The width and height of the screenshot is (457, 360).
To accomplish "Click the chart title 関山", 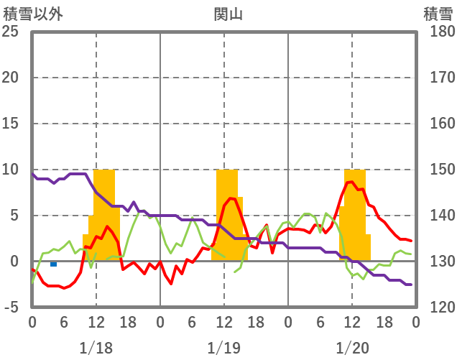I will click(228, 14).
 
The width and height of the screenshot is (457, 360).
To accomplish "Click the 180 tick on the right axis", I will click(438, 32).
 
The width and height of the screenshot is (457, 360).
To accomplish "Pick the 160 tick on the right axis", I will click(438, 124).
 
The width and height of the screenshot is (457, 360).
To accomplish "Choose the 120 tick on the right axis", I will click(438, 308).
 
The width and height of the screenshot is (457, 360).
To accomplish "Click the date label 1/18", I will click(96, 348).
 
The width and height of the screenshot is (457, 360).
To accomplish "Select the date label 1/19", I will click(223, 348).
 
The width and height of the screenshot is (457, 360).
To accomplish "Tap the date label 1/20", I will click(352, 348).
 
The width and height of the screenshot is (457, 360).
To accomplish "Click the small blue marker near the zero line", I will click(53, 264).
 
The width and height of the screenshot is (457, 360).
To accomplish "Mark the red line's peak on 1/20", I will click(350, 182).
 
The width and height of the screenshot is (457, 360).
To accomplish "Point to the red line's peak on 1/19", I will click(231, 198).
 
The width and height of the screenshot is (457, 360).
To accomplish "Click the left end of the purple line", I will click(32, 173).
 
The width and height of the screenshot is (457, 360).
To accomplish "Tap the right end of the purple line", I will click(410, 285).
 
